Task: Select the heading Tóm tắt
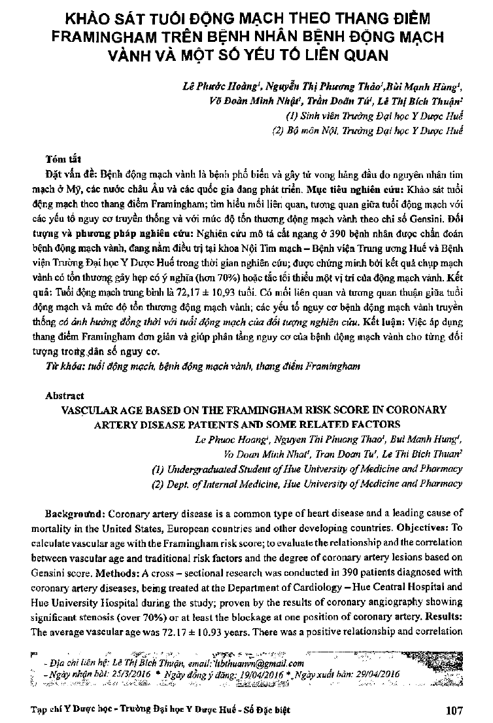62,159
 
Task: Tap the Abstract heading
64,396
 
